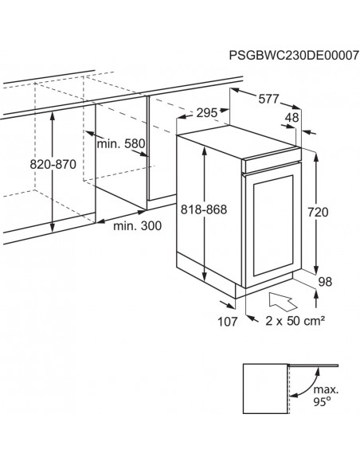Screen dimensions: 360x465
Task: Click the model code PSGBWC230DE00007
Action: (294, 56)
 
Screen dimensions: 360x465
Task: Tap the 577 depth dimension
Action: (268, 99)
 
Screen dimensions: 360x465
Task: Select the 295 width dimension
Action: (207, 113)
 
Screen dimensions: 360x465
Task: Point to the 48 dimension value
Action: (292, 118)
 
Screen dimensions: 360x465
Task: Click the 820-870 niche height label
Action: (53, 164)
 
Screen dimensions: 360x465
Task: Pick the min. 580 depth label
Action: (121, 144)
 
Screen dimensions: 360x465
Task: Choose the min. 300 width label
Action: (138, 226)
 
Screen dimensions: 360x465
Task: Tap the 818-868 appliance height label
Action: (204, 209)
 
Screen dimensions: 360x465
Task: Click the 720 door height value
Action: (318, 213)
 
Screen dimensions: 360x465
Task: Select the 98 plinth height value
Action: (325, 281)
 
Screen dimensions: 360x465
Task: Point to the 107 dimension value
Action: (228, 322)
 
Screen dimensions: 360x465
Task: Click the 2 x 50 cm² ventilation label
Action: (295, 321)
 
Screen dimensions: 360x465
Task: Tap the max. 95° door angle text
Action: (326, 396)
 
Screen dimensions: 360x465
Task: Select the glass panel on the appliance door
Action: (273, 226)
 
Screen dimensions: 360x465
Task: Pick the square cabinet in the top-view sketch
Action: (266, 389)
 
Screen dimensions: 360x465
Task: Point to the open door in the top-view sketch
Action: (313, 365)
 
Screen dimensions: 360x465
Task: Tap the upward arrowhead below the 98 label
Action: (316, 295)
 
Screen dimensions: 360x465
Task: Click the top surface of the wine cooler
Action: (239, 141)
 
